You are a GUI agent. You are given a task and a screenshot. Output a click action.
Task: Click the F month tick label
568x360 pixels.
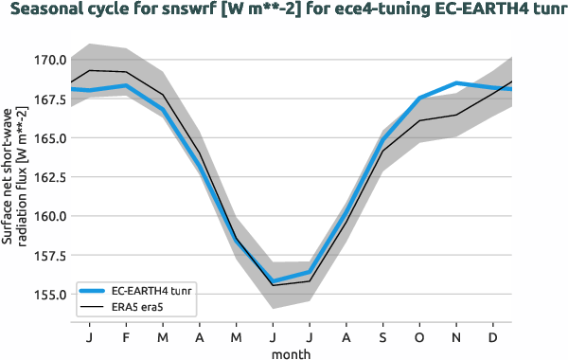pos(126,336)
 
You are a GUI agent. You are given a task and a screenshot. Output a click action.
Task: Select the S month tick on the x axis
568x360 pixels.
pos(383,336)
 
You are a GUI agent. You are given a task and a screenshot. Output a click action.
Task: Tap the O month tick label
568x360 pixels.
pos(419,336)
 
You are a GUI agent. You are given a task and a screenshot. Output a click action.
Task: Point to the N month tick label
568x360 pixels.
pos(456,336)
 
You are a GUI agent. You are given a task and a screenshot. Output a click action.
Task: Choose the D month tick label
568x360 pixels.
pos(493,336)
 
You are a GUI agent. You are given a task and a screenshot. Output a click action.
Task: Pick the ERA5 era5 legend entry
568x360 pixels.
pos(142,307)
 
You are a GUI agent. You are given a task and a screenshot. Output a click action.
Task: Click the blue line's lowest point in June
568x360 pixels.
pos(273,281)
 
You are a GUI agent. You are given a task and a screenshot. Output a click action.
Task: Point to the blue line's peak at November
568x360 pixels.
pos(456,83)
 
